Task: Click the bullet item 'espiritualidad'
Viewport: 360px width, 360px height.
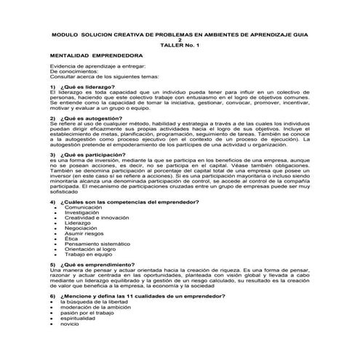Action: pos(78,318)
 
